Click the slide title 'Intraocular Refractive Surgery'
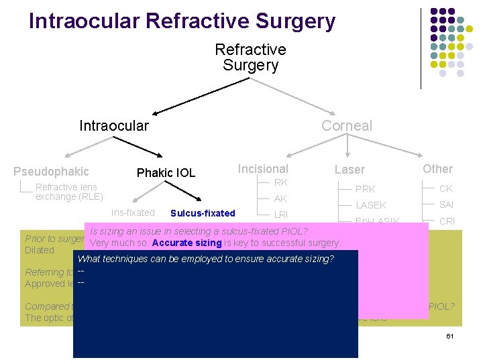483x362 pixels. click(182, 21)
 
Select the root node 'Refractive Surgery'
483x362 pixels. click(250, 58)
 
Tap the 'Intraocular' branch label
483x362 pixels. click(114, 126)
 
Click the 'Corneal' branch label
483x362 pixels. click(346, 126)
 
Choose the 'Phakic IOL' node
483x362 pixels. click(166, 173)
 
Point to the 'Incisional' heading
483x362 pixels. click(263, 169)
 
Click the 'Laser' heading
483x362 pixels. click(350, 170)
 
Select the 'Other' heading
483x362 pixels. click(437, 169)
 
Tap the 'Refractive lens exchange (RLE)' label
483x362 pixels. click(69, 192)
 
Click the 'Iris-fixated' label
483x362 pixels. click(133, 213)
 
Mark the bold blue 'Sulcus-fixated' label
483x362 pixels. click(203, 213)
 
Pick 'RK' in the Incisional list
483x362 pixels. click(281, 183)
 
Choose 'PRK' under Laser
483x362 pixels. click(366, 189)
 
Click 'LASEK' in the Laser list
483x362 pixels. click(371, 205)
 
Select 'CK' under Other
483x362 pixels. click(446, 188)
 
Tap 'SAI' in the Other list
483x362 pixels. click(447, 204)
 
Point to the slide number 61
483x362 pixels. click(451, 335)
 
